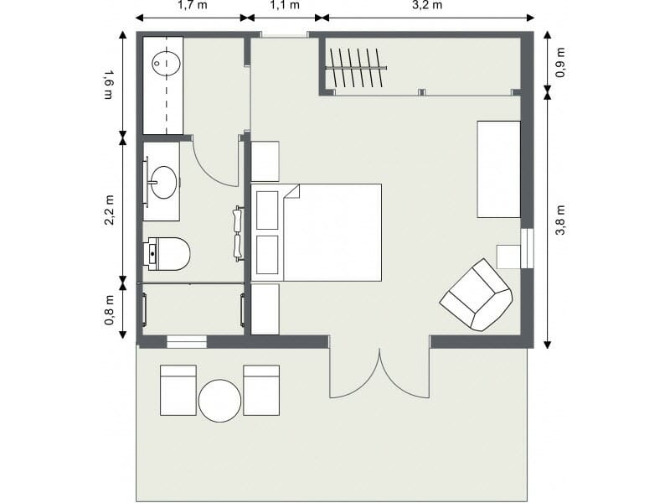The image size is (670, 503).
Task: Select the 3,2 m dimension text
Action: pyautogui.click(x=427, y=5)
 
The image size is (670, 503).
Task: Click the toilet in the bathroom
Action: pyautogui.click(x=167, y=254)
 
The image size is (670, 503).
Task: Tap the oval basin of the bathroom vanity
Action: pyautogui.click(x=163, y=181)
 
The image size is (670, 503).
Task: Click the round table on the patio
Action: pyautogui.click(x=220, y=401)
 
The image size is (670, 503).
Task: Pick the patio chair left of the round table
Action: pyautogui.click(x=178, y=391)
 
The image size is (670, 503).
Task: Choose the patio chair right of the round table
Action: pyautogui.click(x=261, y=391)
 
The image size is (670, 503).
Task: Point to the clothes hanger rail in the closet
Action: pyautogui.click(x=357, y=67)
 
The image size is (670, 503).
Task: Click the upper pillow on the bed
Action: pyautogui.click(x=267, y=210)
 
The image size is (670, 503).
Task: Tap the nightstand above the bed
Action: pyautogui.click(x=265, y=162)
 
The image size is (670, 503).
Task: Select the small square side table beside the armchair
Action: pyautogui.click(x=508, y=256)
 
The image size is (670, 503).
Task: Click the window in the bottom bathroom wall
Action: pyautogui.click(x=187, y=341)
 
